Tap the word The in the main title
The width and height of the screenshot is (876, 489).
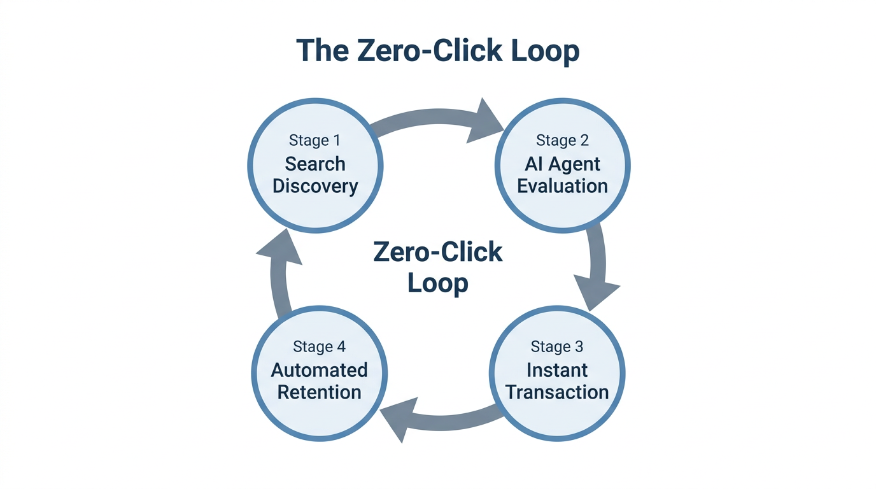[x=321, y=51]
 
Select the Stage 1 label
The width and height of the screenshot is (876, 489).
[x=314, y=141]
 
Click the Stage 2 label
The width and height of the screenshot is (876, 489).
[x=562, y=141]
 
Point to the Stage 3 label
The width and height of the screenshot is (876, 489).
[x=556, y=347]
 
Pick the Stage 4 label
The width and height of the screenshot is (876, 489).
[x=319, y=347]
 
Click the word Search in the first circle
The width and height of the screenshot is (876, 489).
[x=314, y=164]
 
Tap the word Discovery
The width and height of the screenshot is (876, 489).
[x=314, y=187]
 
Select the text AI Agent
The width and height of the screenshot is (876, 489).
[x=562, y=164]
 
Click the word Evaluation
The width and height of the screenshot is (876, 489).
[x=562, y=187]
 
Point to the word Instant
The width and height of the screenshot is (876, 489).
[x=556, y=370]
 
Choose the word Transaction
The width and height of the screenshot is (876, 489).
[x=556, y=392]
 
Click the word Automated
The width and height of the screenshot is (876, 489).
[x=319, y=370]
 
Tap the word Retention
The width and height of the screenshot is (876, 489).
[x=319, y=392]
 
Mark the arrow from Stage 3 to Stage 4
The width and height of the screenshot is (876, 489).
[x=439, y=417]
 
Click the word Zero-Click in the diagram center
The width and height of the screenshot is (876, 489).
[x=438, y=253]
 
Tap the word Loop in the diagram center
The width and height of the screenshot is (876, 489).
[x=438, y=283]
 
